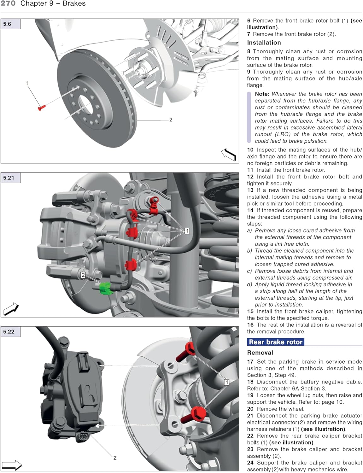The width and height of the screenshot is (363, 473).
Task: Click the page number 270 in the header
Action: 8,3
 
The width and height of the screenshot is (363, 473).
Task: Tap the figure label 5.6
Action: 7,24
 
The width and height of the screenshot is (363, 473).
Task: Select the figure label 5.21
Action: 9,178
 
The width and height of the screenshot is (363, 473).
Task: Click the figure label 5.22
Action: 9,332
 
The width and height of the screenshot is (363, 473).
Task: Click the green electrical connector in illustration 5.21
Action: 106,288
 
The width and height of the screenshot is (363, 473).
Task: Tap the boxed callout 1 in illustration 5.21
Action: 187,231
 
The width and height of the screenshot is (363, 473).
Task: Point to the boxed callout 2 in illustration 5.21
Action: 83,275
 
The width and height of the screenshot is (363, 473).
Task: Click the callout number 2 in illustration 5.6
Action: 171,120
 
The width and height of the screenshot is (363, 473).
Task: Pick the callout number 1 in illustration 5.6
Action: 27,83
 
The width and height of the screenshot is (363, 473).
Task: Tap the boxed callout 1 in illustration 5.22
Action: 226,382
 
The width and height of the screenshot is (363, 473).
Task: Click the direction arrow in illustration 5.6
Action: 229,155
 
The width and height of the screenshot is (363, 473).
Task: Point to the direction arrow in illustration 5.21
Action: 11,309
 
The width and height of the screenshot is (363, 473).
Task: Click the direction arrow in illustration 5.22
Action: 12,465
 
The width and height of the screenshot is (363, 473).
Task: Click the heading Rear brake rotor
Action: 275,342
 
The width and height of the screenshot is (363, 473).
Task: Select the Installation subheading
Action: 264,43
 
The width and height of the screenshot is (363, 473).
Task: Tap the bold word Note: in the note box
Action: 262,94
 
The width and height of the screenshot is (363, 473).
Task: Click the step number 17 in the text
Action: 250,362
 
